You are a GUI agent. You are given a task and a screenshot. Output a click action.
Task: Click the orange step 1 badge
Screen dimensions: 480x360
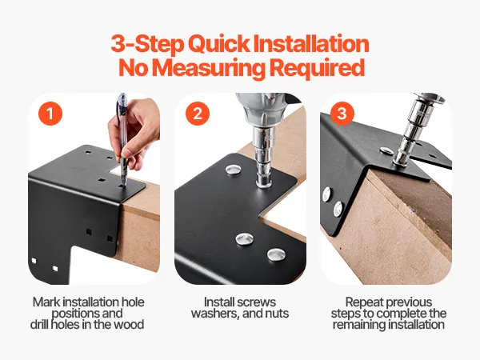(x=50, y=114)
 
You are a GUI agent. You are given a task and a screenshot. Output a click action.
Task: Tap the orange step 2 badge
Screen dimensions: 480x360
(x=198, y=114)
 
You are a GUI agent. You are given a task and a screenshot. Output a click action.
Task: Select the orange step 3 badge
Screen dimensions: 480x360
(x=342, y=114)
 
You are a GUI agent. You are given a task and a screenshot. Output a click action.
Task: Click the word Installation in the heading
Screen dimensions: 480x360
(x=311, y=43)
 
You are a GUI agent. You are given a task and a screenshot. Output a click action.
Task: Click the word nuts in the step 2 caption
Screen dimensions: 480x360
(x=277, y=314)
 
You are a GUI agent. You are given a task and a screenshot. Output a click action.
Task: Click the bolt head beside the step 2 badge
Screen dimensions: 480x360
(x=234, y=170)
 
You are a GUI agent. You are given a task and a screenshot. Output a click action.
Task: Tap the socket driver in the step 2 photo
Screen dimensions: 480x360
(x=264, y=144)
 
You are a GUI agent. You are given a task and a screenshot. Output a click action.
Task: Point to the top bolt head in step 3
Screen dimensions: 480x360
(x=386, y=150)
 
